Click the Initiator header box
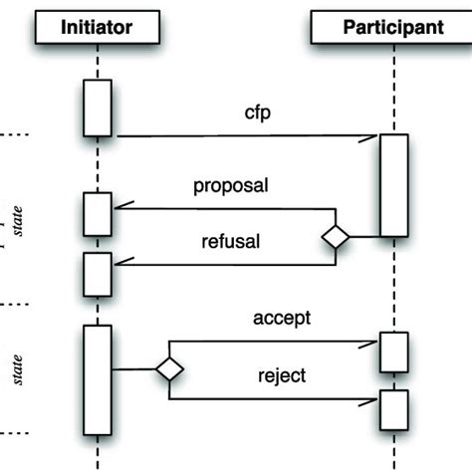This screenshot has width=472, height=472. pyautogui.click(x=98, y=27)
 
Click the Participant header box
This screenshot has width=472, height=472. pyautogui.click(x=393, y=27)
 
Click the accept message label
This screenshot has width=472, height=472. pyautogui.click(x=282, y=318)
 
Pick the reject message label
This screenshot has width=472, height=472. pyautogui.click(x=282, y=375)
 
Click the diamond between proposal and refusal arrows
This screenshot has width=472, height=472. pyautogui.click(x=336, y=237)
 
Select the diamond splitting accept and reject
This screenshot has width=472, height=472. pyautogui.click(x=169, y=369)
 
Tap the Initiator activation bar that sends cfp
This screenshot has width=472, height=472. pyautogui.click(x=98, y=107)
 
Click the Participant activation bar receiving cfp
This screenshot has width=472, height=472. pyautogui.click(x=393, y=185)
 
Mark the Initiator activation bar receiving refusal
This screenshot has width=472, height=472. pyautogui.click(x=98, y=274)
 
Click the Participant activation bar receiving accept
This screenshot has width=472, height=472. pyautogui.click(x=393, y=352)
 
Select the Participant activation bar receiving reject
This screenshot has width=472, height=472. pyautogui.click(x=393, y=407)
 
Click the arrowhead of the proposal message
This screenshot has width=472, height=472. pyautogui.click(x=118, y=208)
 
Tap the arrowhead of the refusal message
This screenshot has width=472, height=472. pyautogui.click(x=118, y=265)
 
